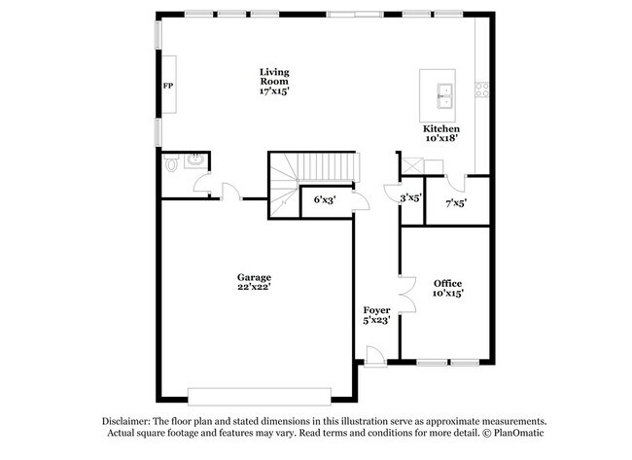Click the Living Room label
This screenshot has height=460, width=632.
pos(274,76)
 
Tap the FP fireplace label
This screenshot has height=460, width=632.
pos(166,87)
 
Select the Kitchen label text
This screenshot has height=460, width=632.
pos(440,128)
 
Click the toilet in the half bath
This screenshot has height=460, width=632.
pos(172,165)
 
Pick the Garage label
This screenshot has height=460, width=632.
pos(254,276)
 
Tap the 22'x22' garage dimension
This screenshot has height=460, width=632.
pos(254,287)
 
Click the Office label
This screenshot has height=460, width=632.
pos(448,283)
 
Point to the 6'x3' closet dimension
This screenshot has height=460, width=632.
pos(325,201)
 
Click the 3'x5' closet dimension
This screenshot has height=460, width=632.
pos(410,197)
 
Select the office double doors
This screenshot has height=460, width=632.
pos(404,295)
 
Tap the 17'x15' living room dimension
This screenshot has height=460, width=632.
pos(274,90)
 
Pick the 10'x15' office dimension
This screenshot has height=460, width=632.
pos(448,294)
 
